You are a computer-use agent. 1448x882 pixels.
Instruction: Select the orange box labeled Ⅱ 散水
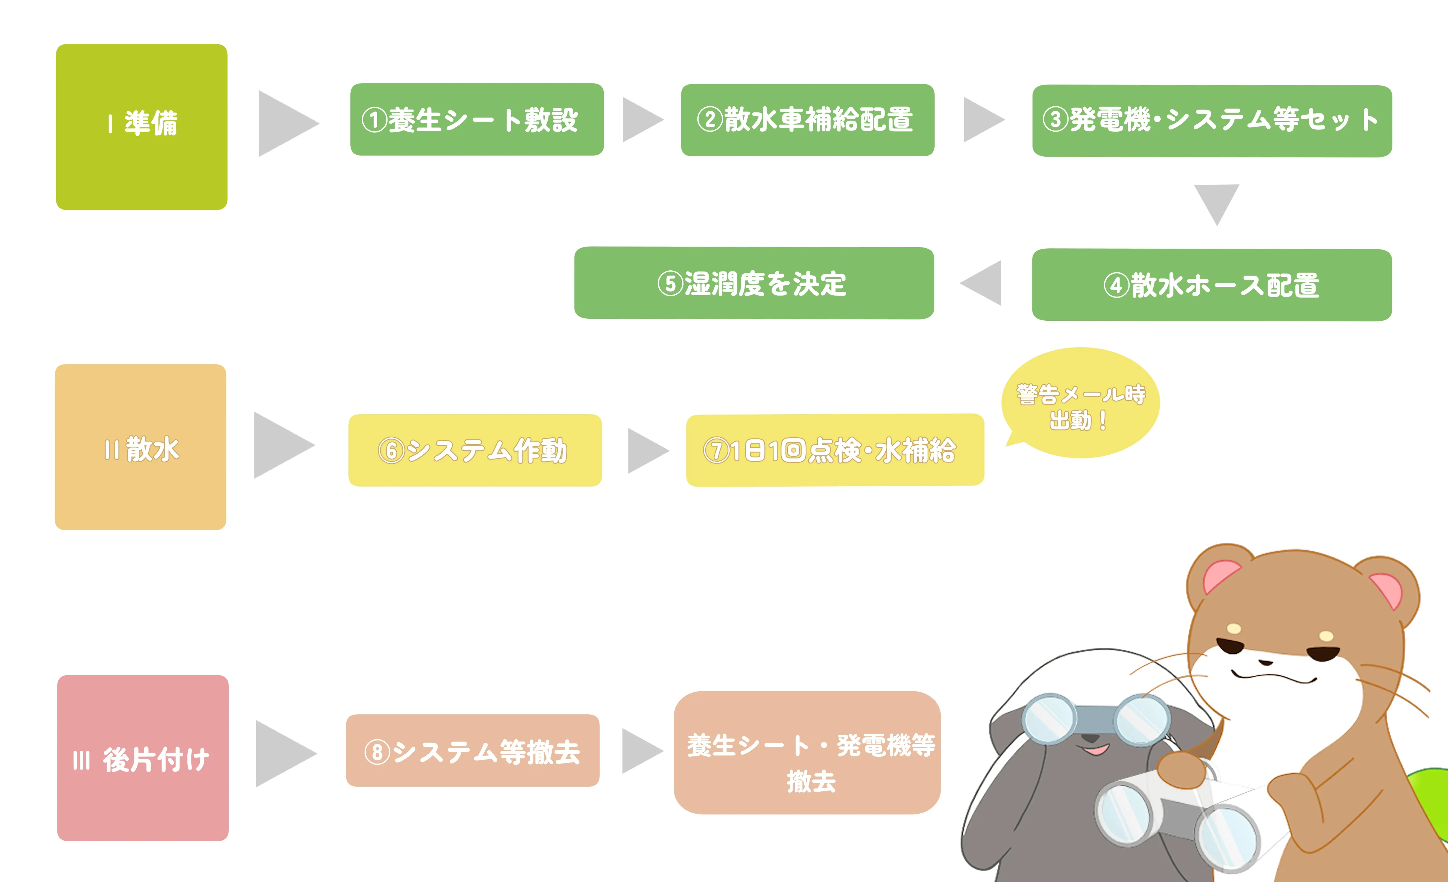click(140, 447)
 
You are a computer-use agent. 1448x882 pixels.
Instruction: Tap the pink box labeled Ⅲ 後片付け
click(143, 758)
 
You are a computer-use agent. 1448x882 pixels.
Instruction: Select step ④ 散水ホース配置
click(1212, 285)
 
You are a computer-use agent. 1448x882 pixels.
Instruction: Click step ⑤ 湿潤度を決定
click(754, 283)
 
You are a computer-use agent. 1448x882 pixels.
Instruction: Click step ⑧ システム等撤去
click(472, 751)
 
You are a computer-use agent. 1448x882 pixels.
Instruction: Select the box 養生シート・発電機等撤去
click(807, 752)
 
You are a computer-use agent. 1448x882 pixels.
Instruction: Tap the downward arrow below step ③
click(1216, 201)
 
